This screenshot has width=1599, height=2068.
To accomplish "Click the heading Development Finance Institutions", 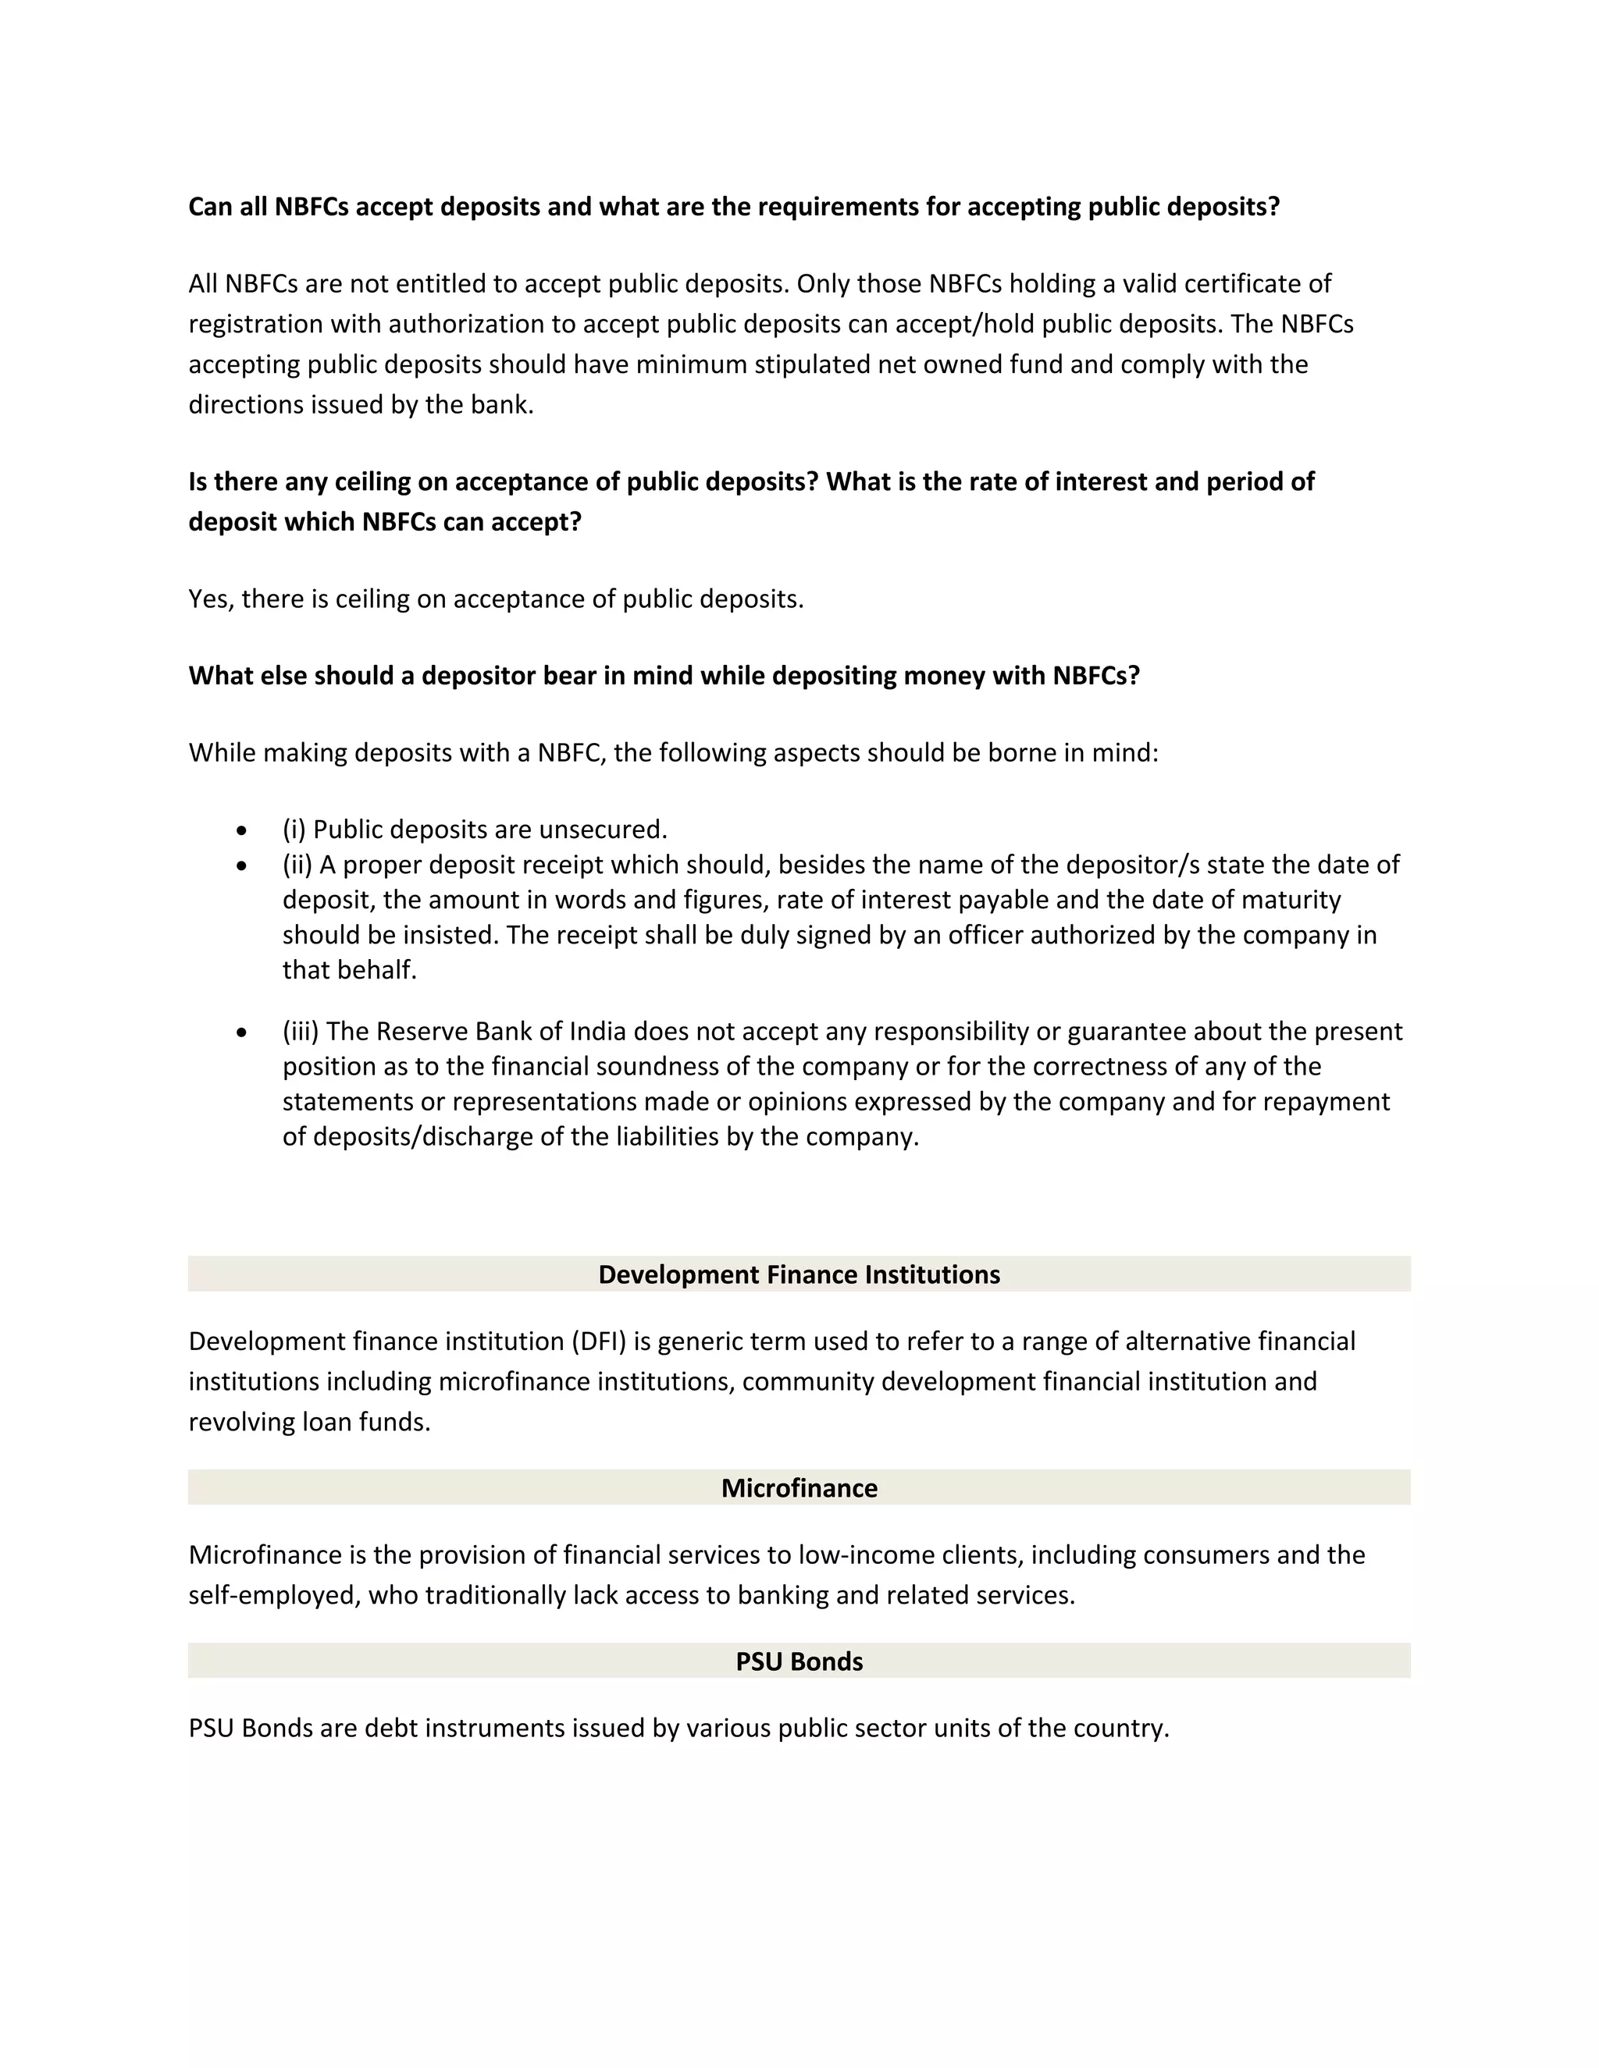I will (x=799, y=1274).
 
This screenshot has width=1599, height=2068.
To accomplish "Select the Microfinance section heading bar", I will (x=799, y=1487).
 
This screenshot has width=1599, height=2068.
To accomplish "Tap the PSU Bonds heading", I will (x=799, y=1661).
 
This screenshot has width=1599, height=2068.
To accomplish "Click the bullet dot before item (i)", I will (x=243, y=830).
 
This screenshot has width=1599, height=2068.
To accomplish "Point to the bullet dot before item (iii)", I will (x=243, y=1032).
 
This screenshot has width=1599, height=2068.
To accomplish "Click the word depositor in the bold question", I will (x=479, y=676).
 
